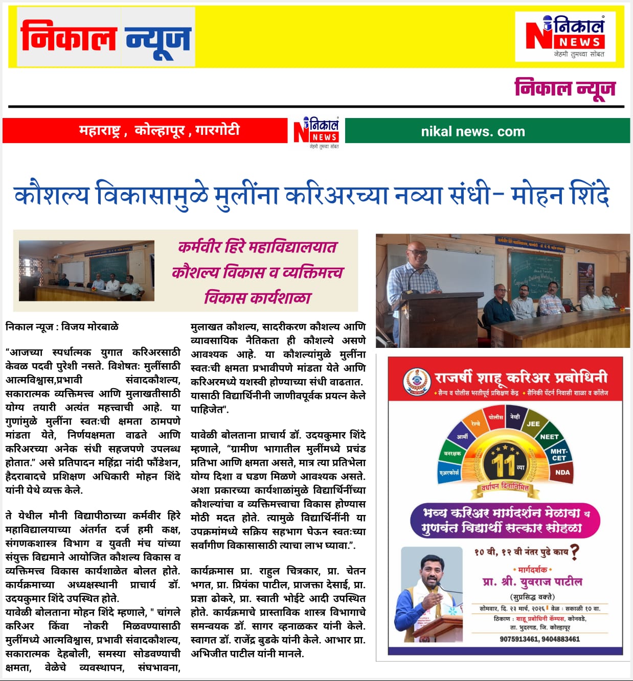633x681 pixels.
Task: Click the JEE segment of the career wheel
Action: click(533, 424)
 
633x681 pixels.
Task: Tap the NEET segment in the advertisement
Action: click(549, 437)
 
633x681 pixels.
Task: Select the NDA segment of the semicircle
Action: click(562, 473)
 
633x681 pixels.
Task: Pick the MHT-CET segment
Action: click(559, 455)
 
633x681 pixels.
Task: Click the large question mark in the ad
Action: click(574, 552)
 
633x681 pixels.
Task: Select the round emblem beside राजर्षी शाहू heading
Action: click(417, 382)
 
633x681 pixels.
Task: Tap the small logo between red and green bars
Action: click(316, 132)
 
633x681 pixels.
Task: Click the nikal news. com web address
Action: click(473, 132)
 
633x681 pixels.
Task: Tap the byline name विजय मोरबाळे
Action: click(90, 326)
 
